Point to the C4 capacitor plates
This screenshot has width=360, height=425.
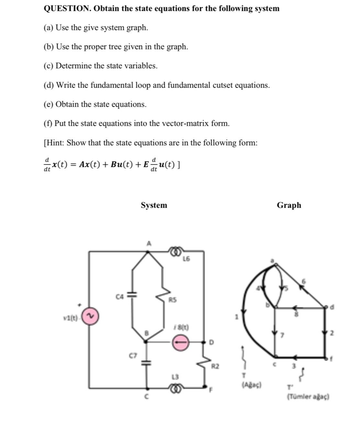132,295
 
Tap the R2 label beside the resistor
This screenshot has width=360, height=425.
215,366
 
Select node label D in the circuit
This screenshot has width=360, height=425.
212,342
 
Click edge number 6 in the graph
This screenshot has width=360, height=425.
304,281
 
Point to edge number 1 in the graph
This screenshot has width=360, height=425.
236,318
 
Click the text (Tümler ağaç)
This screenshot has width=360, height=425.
308,397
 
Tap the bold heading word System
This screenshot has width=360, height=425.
154,205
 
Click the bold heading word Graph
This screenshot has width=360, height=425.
289,205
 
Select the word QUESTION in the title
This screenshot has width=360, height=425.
67,8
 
